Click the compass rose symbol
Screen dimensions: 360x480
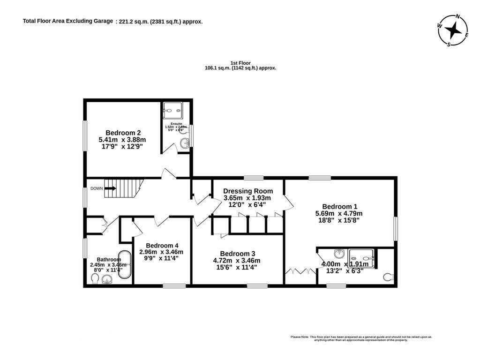pos(453,30)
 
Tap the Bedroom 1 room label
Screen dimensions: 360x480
pos(339,206)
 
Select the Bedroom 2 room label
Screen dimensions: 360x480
pos(123,133)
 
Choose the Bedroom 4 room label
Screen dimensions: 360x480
pos(162,245)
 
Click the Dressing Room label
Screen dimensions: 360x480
pos(247,191)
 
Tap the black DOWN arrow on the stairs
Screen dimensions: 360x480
pos(111,188)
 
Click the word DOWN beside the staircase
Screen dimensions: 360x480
pos(97,188)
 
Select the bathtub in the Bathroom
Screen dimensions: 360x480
pos(125,265)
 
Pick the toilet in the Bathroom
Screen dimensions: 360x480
pos(94,279)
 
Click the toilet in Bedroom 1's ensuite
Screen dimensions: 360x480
pos(388,277)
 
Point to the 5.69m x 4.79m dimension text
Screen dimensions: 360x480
pos(339,213)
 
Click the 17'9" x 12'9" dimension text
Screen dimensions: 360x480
pos(122,146)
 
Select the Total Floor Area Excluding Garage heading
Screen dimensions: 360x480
pos(67,21)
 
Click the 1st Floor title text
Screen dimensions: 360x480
pos(240,63)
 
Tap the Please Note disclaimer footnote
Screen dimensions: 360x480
pos(361,338)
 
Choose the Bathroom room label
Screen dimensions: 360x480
pos(109,259)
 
